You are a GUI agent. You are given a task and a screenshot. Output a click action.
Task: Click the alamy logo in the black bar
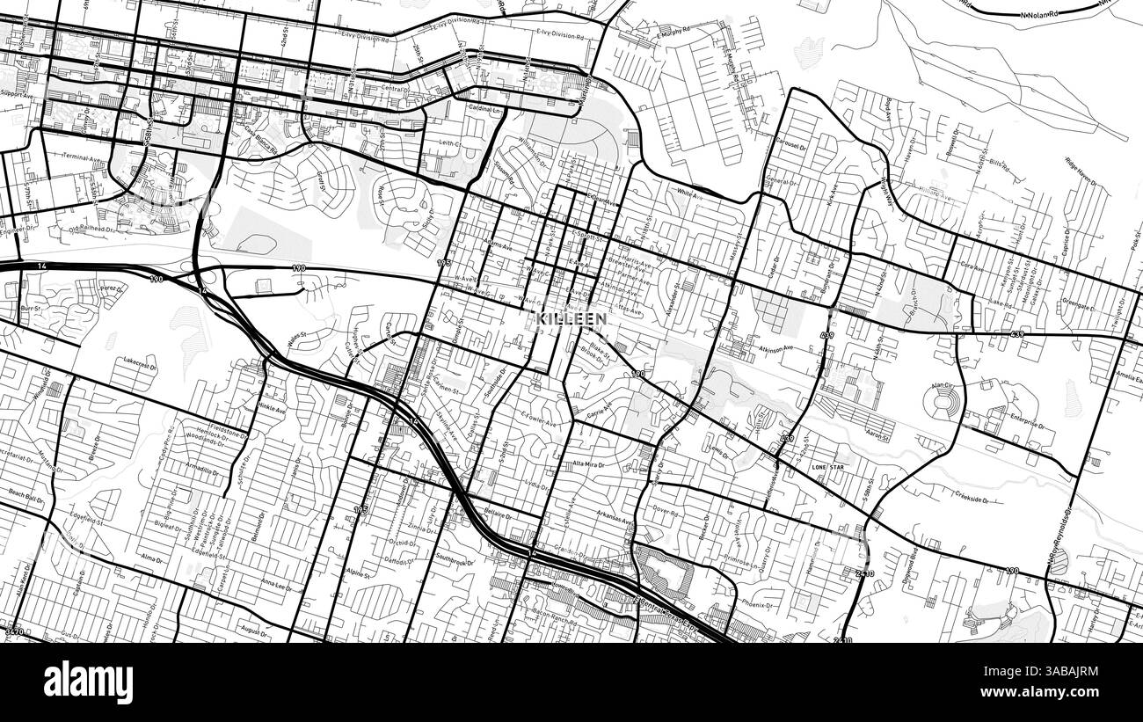pyautogui.click(x=89, y=682)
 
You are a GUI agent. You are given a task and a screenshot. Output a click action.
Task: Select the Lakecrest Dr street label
pyautogui.click(x=139, y=361)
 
